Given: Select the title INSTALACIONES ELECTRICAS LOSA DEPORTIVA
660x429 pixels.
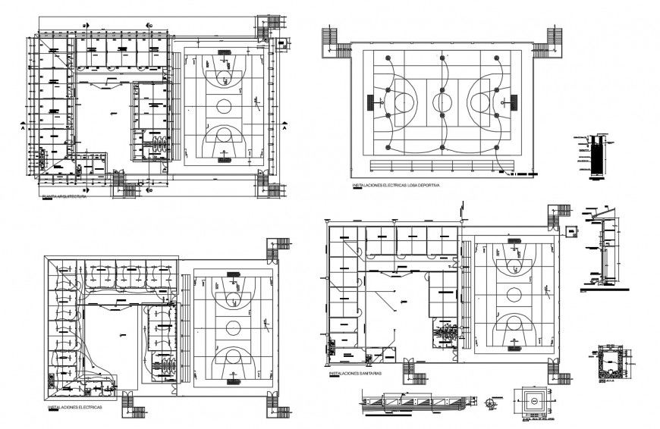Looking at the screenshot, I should (395, 185).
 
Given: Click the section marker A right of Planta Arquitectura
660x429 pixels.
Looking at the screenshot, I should (284, 129).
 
